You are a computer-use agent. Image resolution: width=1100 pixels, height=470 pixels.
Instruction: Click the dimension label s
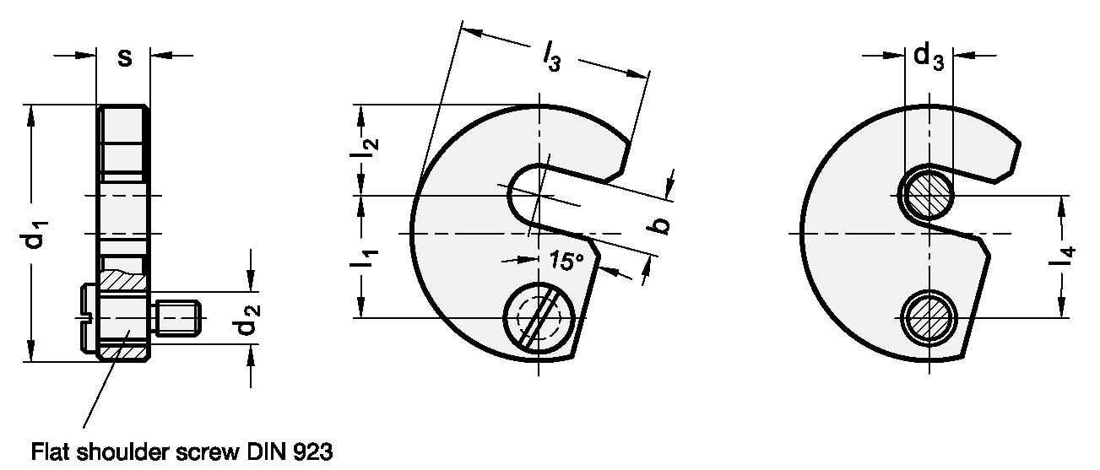[x=124, y=57]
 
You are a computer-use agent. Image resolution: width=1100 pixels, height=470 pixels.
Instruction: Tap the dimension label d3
[x=929, y=58]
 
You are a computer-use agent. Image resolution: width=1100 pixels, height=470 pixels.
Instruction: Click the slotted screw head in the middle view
[x=538, y=317]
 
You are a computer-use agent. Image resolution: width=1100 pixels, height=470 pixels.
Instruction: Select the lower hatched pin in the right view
[x=928, y=317]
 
